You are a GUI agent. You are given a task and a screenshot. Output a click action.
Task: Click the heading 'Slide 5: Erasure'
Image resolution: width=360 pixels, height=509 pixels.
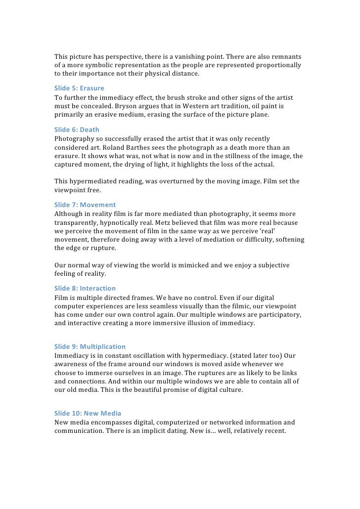[79, 88]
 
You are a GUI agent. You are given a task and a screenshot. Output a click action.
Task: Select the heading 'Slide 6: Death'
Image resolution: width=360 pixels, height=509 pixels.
[77, 129]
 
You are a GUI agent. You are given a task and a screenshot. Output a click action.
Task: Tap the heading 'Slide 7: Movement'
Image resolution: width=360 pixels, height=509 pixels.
[85, 205]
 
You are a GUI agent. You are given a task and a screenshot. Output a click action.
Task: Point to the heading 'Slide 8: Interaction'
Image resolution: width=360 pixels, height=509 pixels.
[85, 288]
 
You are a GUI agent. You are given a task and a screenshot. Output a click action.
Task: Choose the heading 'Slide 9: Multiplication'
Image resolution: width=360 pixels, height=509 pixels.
[90, 346]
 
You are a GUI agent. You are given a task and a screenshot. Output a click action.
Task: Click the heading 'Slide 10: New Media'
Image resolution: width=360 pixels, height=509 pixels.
[88, 413]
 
